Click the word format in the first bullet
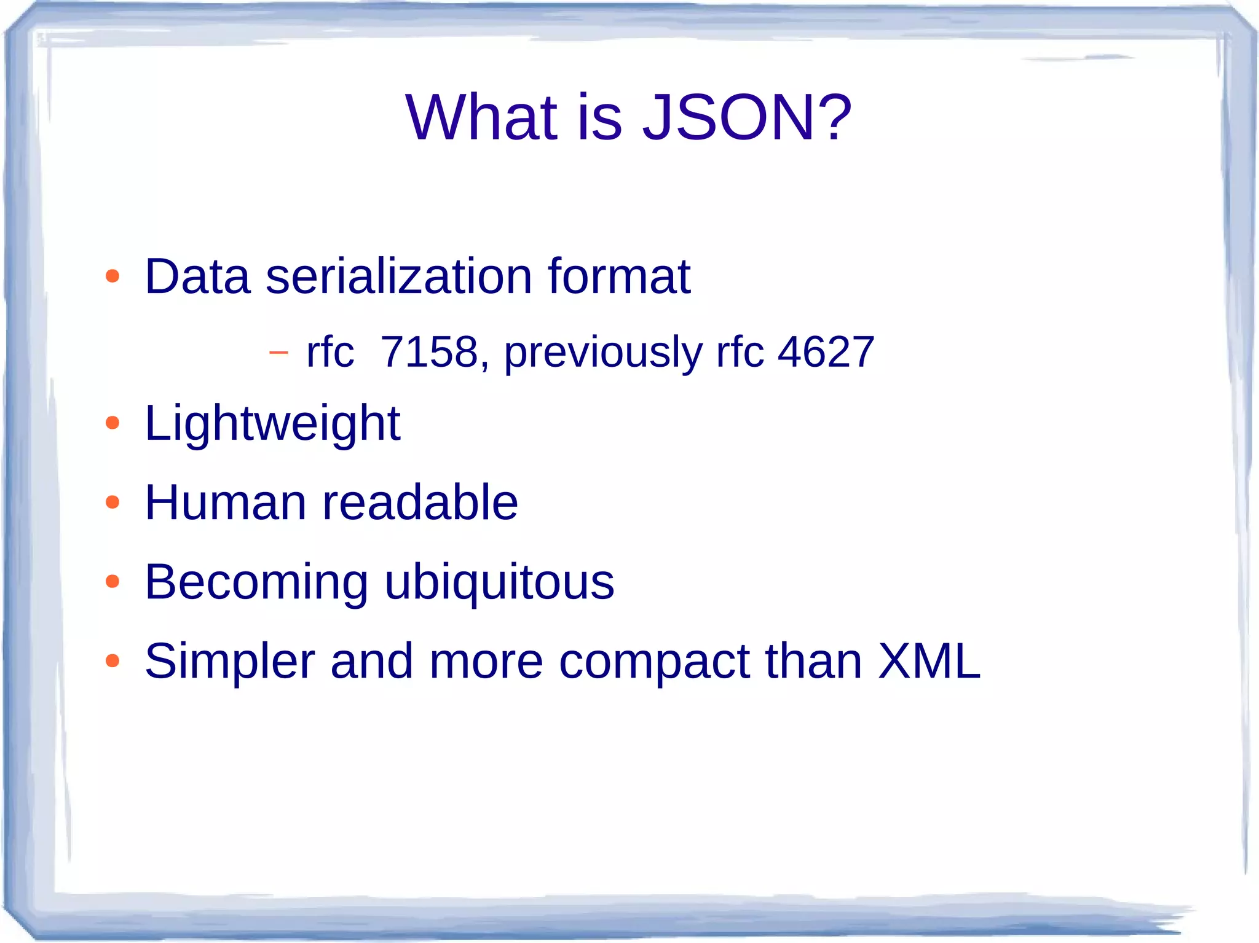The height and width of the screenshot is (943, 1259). (619, 277)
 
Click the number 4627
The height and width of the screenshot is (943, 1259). (826, 352)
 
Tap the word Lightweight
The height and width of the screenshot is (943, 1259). (272, 424)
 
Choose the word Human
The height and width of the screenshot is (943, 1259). (226, 503)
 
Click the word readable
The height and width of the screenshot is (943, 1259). (420, 503)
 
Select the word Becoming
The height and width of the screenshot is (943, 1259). (256, 582)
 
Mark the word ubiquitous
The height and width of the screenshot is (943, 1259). (499, 582)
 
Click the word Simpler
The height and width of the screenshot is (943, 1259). (230, 662)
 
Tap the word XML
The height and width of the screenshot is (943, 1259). (929, 661)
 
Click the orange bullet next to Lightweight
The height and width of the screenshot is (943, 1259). (112, 423)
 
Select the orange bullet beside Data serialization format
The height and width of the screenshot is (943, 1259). (112, 276)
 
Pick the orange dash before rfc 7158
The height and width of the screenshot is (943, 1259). (278, 353)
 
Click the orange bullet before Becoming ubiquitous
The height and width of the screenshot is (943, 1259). (112, 581)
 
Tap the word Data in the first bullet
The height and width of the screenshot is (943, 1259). (197, 277)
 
